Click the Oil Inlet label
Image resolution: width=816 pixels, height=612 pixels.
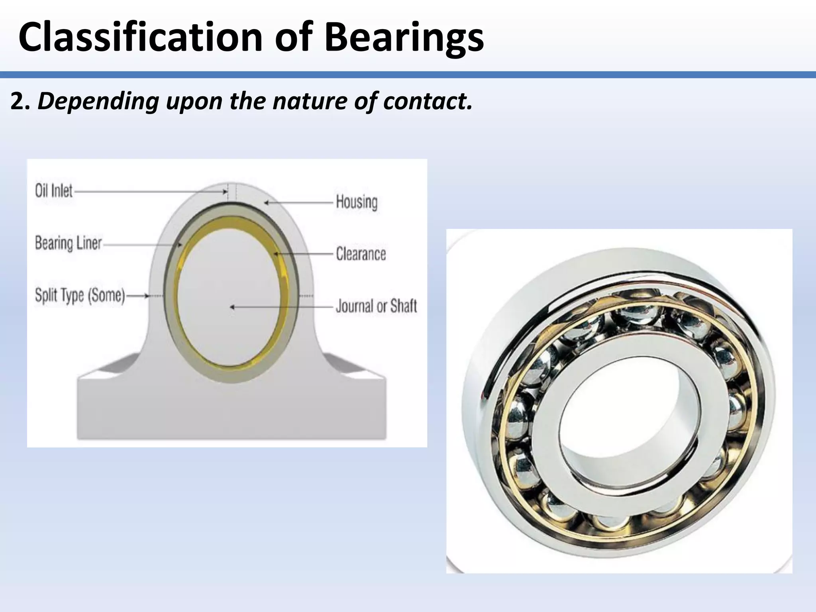click(54, 191)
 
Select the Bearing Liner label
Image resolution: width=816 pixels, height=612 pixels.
click(69, 243)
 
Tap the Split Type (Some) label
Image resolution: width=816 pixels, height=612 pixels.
click(80, 295)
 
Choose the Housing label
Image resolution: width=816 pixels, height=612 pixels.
click(357, 202)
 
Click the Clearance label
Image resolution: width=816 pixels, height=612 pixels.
click(361, 254)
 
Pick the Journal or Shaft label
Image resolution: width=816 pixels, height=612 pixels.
click(376, 306)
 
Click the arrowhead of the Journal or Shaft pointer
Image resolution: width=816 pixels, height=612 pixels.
click(232, 307)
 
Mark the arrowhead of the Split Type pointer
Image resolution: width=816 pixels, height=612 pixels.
click(147, 296)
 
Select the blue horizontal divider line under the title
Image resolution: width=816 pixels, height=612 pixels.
click(408, 75)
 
